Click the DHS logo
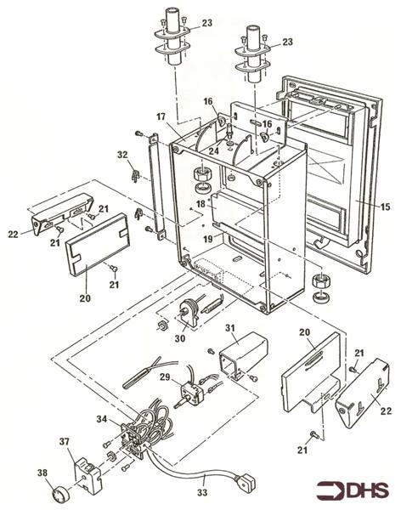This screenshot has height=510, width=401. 353,490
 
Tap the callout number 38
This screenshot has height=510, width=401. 42,473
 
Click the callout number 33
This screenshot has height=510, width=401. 202,492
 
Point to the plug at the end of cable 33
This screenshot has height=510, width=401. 246,479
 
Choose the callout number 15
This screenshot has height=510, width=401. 385,207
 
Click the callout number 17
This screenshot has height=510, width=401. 161,116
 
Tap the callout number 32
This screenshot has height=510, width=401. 122,155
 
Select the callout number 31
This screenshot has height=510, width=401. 230,328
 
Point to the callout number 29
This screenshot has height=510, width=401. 165,377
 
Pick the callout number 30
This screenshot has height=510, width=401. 180,338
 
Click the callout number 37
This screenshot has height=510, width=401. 64,442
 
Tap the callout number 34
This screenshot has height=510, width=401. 101,419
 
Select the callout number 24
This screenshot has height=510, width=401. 213,150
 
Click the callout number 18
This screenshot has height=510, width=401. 201,204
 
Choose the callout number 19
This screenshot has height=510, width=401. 208,239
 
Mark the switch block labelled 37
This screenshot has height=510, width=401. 88,472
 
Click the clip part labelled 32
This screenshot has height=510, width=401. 134,175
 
